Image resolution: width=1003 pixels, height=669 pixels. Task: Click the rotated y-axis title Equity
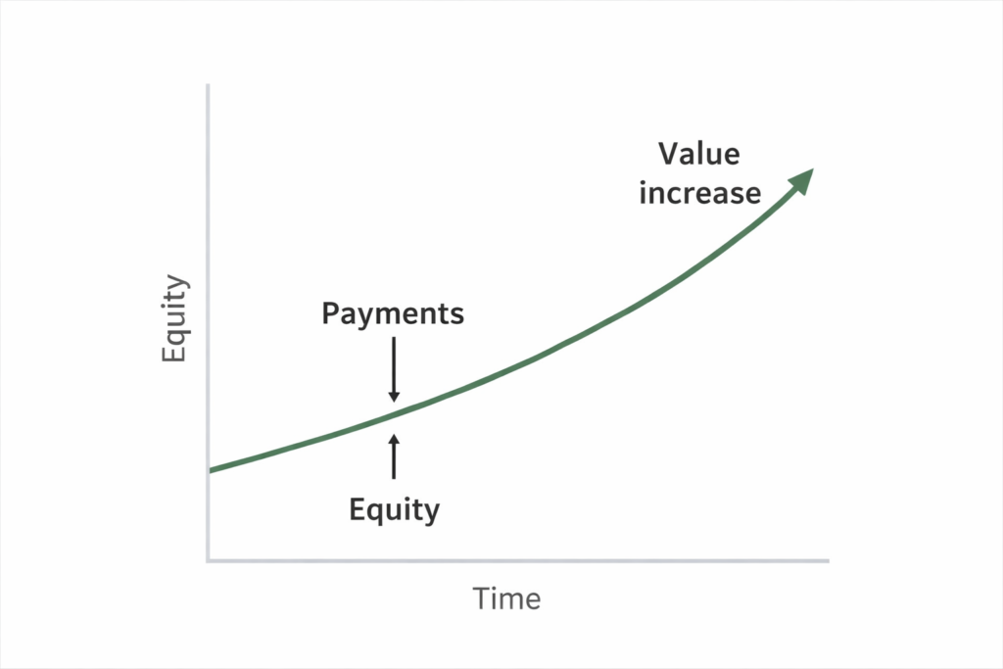click(x=174, y=319)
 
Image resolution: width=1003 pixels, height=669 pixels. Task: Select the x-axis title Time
click(x=506, y=598)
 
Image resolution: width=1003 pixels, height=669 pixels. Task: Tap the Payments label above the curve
click(x=393, y=313)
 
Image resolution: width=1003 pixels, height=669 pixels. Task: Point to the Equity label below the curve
click(x=394, y=509)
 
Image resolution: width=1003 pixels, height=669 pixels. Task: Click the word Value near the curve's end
click(x=698, y=155)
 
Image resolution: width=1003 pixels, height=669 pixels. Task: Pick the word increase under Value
click(x=699, y=192)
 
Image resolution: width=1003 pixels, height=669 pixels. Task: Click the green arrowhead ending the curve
click(x=802, y=179)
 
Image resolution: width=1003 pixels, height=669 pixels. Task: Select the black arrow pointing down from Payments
click(x=394, y=369)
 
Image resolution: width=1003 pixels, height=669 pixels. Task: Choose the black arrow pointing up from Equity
click(x=394, y=456)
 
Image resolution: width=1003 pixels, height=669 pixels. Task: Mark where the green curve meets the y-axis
click(x=209, y=471)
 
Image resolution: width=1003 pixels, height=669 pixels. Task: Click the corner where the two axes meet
click(x=209, y=561)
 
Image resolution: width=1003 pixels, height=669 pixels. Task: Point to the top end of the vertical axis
click(x=209, y=86)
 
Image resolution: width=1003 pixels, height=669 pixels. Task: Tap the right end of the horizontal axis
click(x=828, y=561)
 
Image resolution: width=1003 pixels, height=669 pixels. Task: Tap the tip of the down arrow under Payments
click(x=394, y=401)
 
